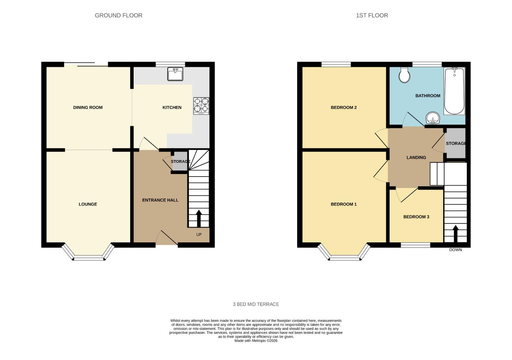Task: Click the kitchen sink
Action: tap(175, 74)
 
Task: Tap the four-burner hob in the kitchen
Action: tap(201, 106)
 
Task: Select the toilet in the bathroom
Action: tap(404, 75)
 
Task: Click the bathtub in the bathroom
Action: tap(454, 91)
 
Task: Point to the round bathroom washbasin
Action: tap(433, 118)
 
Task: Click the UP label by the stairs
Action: tap(199, 235)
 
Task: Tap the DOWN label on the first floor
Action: tap(455, 250)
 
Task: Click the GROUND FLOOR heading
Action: tap(119, 15)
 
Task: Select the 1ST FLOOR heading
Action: tap(372, 15)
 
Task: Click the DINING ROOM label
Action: tap(88, 107)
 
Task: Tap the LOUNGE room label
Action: tap(88, 204)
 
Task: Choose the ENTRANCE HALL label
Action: tap(160, 200)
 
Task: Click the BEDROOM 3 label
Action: tap(416, 217)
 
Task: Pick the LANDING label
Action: tap(416, 157)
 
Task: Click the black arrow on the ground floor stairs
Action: tap(199, 218)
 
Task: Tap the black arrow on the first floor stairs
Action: tap(455, 233)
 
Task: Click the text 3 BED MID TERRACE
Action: tap(256, 304)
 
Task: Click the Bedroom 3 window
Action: tap(415, 245)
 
